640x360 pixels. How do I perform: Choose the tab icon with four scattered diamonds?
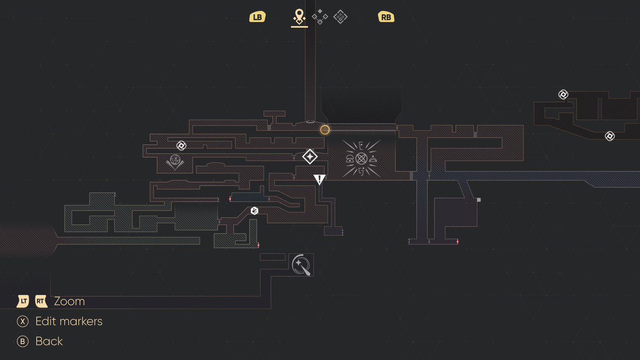coord(320,17)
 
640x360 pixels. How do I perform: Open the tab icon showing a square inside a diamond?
coord(340,17)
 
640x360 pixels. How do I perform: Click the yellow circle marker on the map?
coord(325,130)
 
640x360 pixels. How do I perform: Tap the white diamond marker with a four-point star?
coord(310,156)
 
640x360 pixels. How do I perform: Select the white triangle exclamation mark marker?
coord(320,180)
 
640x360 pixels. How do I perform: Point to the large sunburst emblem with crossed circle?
coord(362,158)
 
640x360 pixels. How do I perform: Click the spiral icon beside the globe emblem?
coord(182,146)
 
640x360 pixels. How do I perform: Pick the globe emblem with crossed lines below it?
coord(175,162)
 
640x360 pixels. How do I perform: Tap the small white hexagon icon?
coord(254,211)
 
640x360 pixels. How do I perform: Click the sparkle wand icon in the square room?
coord(301,265)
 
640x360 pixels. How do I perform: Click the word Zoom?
coord(70,302)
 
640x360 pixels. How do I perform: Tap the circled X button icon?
coord(22,322)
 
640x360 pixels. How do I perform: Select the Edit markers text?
coord(69,322)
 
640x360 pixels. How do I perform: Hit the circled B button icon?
coord(22,342)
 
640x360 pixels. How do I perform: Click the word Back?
coord(49,342)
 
